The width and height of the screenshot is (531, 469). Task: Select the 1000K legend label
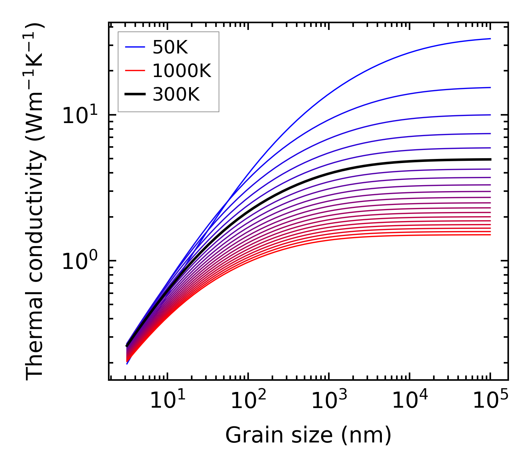coord(182,71)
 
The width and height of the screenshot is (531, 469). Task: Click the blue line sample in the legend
coord(135,47)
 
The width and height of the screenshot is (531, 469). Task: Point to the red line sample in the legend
coord(135,71)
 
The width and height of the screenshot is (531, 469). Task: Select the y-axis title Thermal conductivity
coord(35,202)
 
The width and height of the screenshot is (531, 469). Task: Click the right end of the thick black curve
coord(490,159)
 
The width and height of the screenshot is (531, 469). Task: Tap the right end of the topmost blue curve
coord(490,39)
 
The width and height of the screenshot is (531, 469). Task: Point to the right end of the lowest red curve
coord(490,235)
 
